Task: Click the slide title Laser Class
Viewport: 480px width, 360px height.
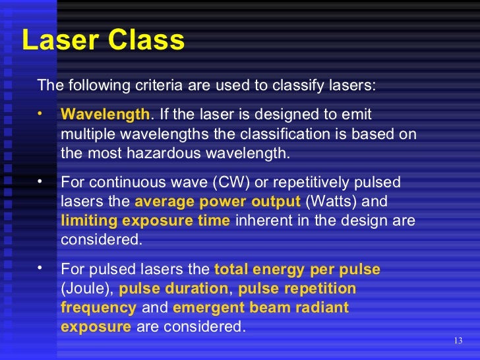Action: coord(103,41)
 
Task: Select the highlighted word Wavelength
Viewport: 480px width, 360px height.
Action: coord(105,115)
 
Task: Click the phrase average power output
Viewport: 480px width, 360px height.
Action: coord(218,201)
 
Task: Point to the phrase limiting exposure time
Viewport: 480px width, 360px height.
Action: coord(145,220)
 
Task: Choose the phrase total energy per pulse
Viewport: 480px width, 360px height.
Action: coord(297,270)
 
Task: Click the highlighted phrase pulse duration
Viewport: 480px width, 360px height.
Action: coord(175,289)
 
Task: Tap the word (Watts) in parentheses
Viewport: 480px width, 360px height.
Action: coord(331,201)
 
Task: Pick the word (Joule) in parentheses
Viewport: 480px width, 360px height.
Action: coord(88,289)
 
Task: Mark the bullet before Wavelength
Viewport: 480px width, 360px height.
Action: coord(40,113)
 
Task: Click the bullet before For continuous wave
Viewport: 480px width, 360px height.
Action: coord(40,180)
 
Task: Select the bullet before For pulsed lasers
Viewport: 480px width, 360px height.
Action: coord(40,268)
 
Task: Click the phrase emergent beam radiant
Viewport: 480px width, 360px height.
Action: coord(260,308)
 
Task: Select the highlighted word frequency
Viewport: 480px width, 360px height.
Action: coord(98,308)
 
